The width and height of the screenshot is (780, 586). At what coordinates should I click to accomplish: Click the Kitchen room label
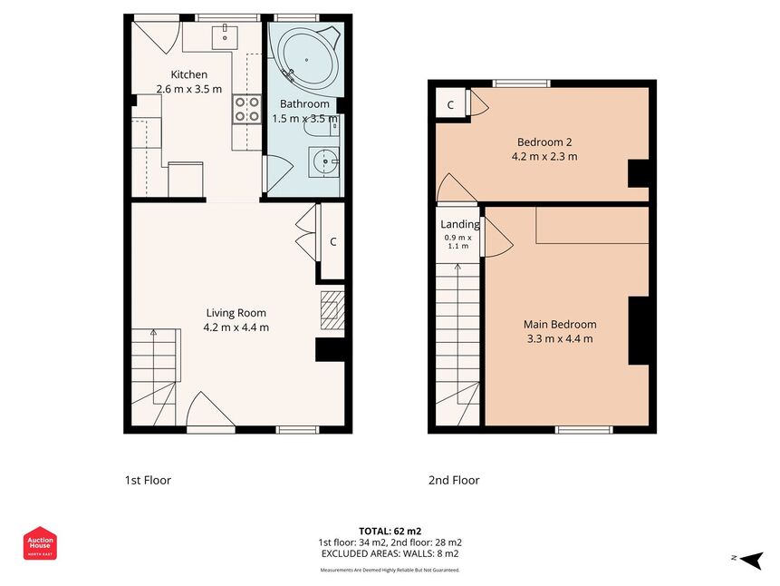(x=189, y=74)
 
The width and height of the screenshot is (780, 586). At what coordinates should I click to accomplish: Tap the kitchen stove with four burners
(x=247, y=110)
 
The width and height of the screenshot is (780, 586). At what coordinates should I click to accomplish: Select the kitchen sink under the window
(x=225, y=36)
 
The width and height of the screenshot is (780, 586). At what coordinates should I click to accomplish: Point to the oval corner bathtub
(x=307, y=59)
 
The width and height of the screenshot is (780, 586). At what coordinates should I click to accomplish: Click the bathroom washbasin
(x=323, y=162)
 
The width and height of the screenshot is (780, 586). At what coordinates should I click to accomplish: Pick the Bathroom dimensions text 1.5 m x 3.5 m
(x=305, y=119)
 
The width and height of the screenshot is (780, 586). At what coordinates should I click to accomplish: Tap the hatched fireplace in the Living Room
(x=332, y=310)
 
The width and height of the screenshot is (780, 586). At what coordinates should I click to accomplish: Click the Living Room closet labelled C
(x=332, y=241)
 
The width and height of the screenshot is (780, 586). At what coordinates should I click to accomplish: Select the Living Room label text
(x=236, y=313)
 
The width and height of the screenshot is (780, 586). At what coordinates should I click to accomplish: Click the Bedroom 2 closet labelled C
(x=450, y=104)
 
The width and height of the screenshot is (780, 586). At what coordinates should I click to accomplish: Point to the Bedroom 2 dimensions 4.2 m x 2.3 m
(x=544, y=156)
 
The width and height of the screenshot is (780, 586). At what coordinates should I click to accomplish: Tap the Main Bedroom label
(x=560, y=325)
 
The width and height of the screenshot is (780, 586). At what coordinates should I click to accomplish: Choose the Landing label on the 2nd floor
(x=460, y=224)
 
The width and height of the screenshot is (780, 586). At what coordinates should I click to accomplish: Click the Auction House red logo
(x=40, y=543)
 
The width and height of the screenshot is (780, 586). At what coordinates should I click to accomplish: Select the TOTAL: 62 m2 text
(x=390, y=532)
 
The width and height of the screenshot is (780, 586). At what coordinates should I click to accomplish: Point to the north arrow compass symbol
(x=751, y=560)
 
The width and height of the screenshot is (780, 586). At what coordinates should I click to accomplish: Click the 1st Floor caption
(x=148, y=481)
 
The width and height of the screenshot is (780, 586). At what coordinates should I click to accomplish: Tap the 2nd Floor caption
(x=454, y=481)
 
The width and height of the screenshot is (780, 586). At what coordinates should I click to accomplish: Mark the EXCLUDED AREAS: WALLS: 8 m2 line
(x=390, y=553)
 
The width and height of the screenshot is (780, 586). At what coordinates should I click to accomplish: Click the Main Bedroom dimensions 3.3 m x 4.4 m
(x=560, y=339)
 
